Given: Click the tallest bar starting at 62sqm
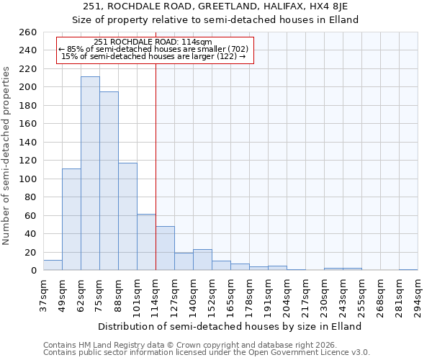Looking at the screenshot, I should click(x=90, y=174).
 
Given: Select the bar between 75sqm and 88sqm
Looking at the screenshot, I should click(x=109, y=181).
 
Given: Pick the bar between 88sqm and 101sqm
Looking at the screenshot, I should click(x=127, y=216).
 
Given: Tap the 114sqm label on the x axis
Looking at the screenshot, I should click(x=156, y=295).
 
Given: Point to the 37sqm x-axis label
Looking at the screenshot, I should click(x=44, y=295).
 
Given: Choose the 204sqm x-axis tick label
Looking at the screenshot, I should click(x=287, y=295).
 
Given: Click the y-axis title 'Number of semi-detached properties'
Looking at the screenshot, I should click(x=7, y=155).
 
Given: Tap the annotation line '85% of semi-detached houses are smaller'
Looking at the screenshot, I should click(x=155, y=49).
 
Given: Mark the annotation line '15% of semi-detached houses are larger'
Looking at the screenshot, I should click(x=155, y=55).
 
